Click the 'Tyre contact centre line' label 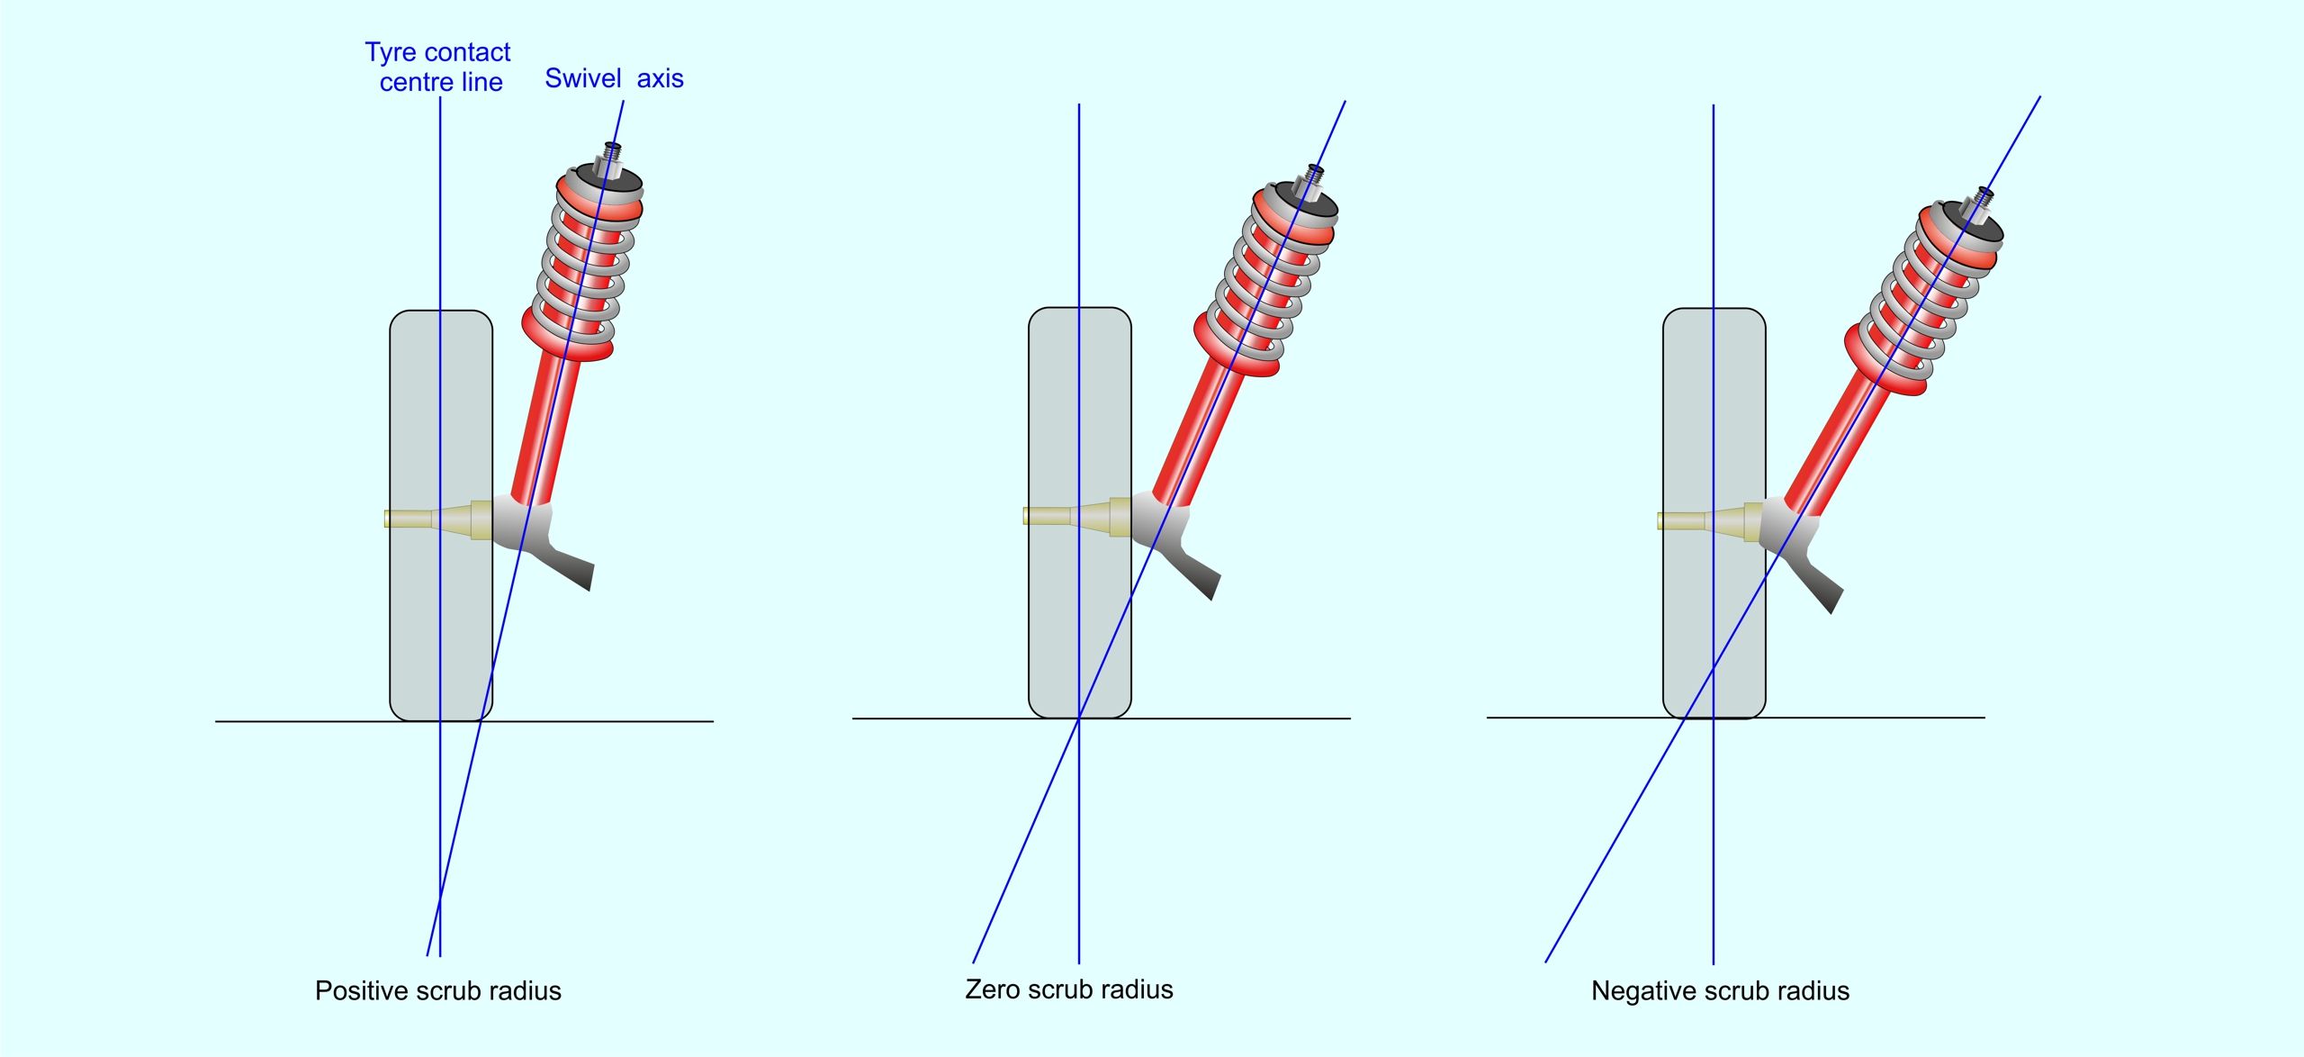438,67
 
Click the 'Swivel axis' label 614,78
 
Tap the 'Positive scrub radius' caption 437,990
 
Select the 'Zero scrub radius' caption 1068,989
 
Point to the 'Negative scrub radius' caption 1719,990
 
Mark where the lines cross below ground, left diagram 440,899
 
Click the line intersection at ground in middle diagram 1079,718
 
